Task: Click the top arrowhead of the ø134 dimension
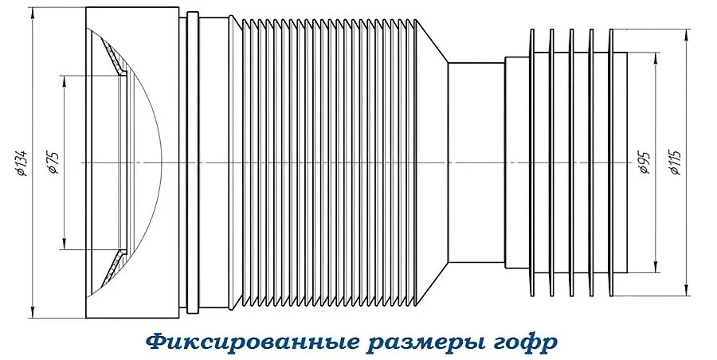33,12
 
